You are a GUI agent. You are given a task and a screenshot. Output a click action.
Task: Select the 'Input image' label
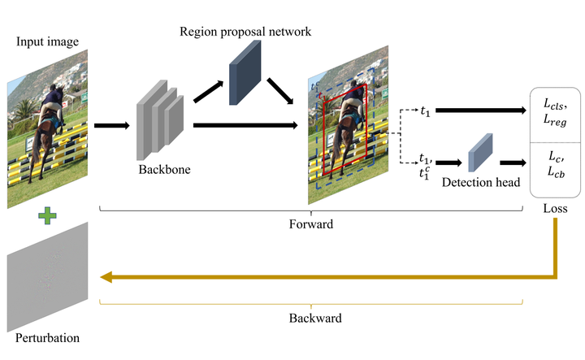[41, 41]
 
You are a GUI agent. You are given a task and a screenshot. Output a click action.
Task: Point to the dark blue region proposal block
[244, 72]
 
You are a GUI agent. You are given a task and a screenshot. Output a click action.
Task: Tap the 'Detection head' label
[480, 183]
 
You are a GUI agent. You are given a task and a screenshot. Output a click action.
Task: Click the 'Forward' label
[311, 223]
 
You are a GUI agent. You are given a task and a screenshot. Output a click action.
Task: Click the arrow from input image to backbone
[111, 125]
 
